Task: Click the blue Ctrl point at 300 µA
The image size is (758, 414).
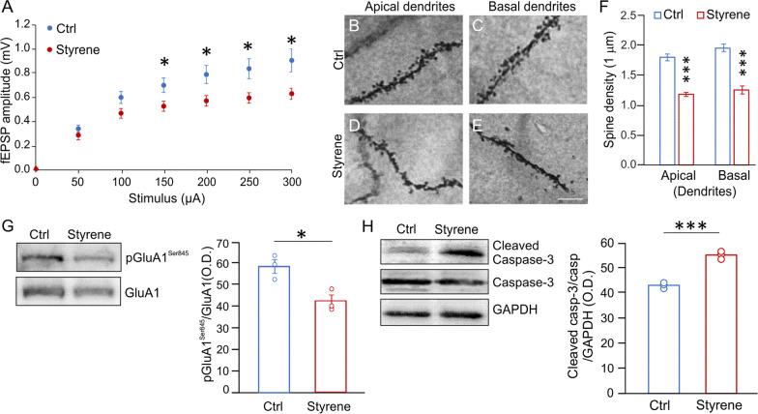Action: [291, 60]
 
